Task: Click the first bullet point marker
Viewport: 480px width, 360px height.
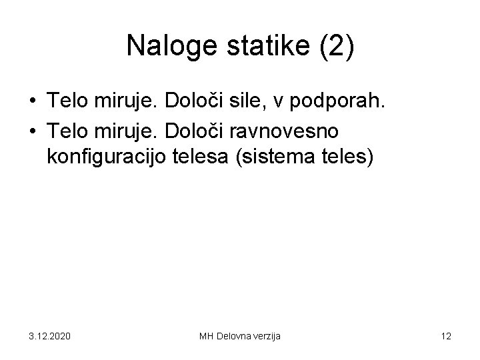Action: (x=33, y=102)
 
